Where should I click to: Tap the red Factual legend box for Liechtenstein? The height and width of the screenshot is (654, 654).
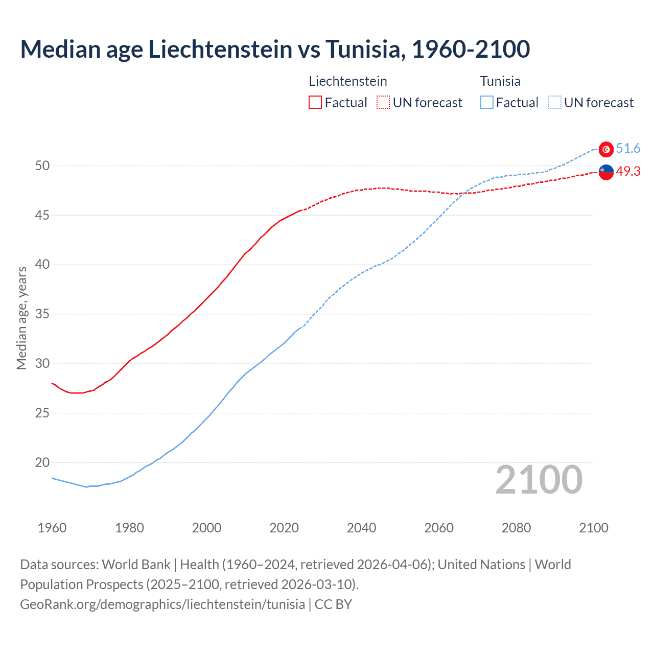315,102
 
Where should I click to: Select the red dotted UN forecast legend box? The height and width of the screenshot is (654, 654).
383,102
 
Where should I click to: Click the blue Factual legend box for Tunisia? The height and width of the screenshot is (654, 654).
487,102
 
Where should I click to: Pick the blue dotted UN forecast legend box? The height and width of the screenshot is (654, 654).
554,102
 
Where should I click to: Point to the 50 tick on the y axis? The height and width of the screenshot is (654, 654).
42,166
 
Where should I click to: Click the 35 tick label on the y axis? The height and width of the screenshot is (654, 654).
42,314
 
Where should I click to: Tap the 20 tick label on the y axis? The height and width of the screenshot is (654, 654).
42,462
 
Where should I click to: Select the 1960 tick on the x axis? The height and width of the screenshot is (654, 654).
52,528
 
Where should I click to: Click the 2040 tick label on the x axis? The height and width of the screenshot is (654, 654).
361,528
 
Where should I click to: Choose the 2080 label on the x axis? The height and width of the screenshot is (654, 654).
516,528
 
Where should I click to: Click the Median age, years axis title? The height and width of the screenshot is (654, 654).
21,318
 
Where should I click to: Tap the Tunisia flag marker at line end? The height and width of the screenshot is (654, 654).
606,149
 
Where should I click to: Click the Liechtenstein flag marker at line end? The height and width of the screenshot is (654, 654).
606,173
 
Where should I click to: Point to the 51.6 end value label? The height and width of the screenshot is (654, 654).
628,149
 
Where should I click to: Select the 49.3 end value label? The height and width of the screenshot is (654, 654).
628,172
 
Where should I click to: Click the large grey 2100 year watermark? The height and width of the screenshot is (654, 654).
539,479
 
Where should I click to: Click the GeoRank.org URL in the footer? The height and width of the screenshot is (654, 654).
162,604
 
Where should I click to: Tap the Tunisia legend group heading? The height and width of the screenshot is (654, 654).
500,81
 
